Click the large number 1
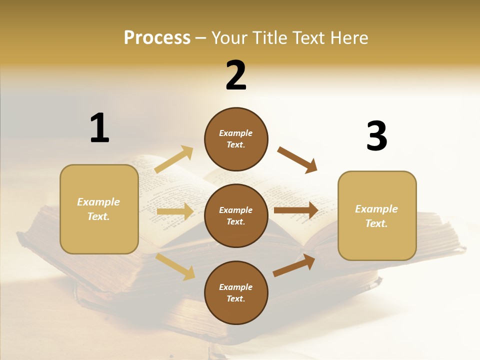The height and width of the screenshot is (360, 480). click(x=99, y=128)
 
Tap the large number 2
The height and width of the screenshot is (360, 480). click(x=236, y=75)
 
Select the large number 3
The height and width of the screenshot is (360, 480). click(x=376, y=136)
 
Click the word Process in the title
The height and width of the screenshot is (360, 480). click(x=157, y=37)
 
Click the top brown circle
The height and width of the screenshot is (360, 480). click(x=236, y=139)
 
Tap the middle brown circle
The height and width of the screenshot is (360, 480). click(x=236, y=216)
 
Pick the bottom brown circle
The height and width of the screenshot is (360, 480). click(x=236, y=293)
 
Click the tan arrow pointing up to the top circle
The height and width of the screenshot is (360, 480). click(x=174, y=159)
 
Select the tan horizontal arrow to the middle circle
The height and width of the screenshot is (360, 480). click(x=175, y=211)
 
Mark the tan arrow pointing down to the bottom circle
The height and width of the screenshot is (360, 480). click(x=175, y=266)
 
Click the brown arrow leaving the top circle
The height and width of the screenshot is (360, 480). click(x=297, y=159)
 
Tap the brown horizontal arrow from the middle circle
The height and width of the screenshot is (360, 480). click(x=295, y=210)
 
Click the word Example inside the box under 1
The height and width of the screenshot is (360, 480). click(x=98, y=202)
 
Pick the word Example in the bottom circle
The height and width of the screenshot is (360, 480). click(x=236, y=287)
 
